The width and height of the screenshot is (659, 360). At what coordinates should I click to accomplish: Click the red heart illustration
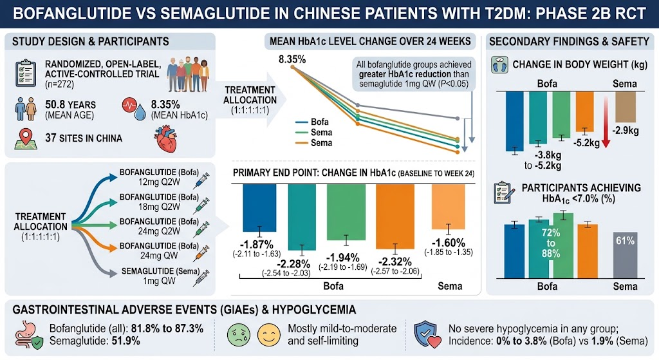click(x=167, y=140)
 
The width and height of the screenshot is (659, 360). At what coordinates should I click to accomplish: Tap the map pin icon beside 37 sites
click(x=26, y=139)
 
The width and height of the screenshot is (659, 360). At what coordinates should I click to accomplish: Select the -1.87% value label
click(x=256, y=244)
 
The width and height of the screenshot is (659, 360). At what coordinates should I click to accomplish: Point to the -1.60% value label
click(x=449, y=243)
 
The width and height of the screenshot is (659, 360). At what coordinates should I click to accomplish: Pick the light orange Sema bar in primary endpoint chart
click(x=449, y=207)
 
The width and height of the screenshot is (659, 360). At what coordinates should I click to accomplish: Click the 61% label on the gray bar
click(x=625, y=241)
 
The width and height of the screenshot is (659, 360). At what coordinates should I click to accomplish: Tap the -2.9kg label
click(x=626, y=130)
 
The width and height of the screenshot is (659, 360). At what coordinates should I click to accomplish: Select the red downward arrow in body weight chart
click(x=606, y=122)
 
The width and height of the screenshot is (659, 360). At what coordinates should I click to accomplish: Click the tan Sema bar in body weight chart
click(x=626, y=107)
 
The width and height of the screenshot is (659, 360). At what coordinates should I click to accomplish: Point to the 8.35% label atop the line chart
click(x=292, y=59)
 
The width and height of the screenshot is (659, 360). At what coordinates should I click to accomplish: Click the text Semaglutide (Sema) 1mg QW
click(x=160, y=276)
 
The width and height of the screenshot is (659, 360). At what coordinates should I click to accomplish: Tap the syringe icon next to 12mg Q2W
click(x=201, y=180)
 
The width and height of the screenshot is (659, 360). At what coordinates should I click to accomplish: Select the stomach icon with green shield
click(x=29, y=335)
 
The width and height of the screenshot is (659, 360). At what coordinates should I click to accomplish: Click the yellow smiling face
click(x=269, y=335)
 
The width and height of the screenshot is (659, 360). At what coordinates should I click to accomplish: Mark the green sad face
click(x=239, y=335)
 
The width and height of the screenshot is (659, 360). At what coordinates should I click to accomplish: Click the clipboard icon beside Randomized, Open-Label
click(x=26, y=73)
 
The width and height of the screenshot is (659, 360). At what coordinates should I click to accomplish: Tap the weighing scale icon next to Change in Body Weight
click(x=499, y=65)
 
